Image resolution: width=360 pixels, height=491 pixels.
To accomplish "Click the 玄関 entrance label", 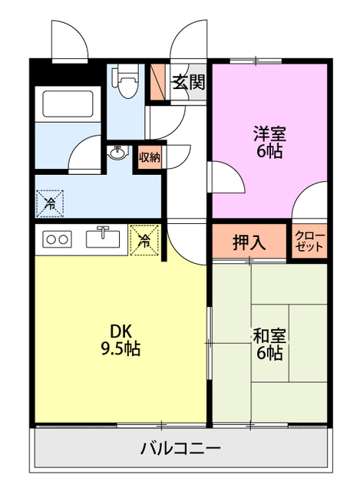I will pos(188,82).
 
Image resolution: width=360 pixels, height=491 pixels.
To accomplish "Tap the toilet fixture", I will pos(125,81).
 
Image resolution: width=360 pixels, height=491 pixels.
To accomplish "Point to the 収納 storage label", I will pos(149,158).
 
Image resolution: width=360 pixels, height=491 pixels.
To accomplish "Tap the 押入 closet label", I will pos(249,242).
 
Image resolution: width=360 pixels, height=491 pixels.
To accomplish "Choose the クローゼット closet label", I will pos(309,242).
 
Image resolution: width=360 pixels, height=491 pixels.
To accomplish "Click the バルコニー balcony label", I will pos(180,449).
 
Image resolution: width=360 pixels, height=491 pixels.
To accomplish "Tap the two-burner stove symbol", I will pos(56,239).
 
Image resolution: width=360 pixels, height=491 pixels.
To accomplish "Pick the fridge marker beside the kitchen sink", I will pos(144,240).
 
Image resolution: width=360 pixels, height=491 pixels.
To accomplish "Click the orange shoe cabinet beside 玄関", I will pos(159,81).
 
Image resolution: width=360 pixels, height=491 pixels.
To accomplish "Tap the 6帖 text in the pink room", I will pos(269,151).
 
